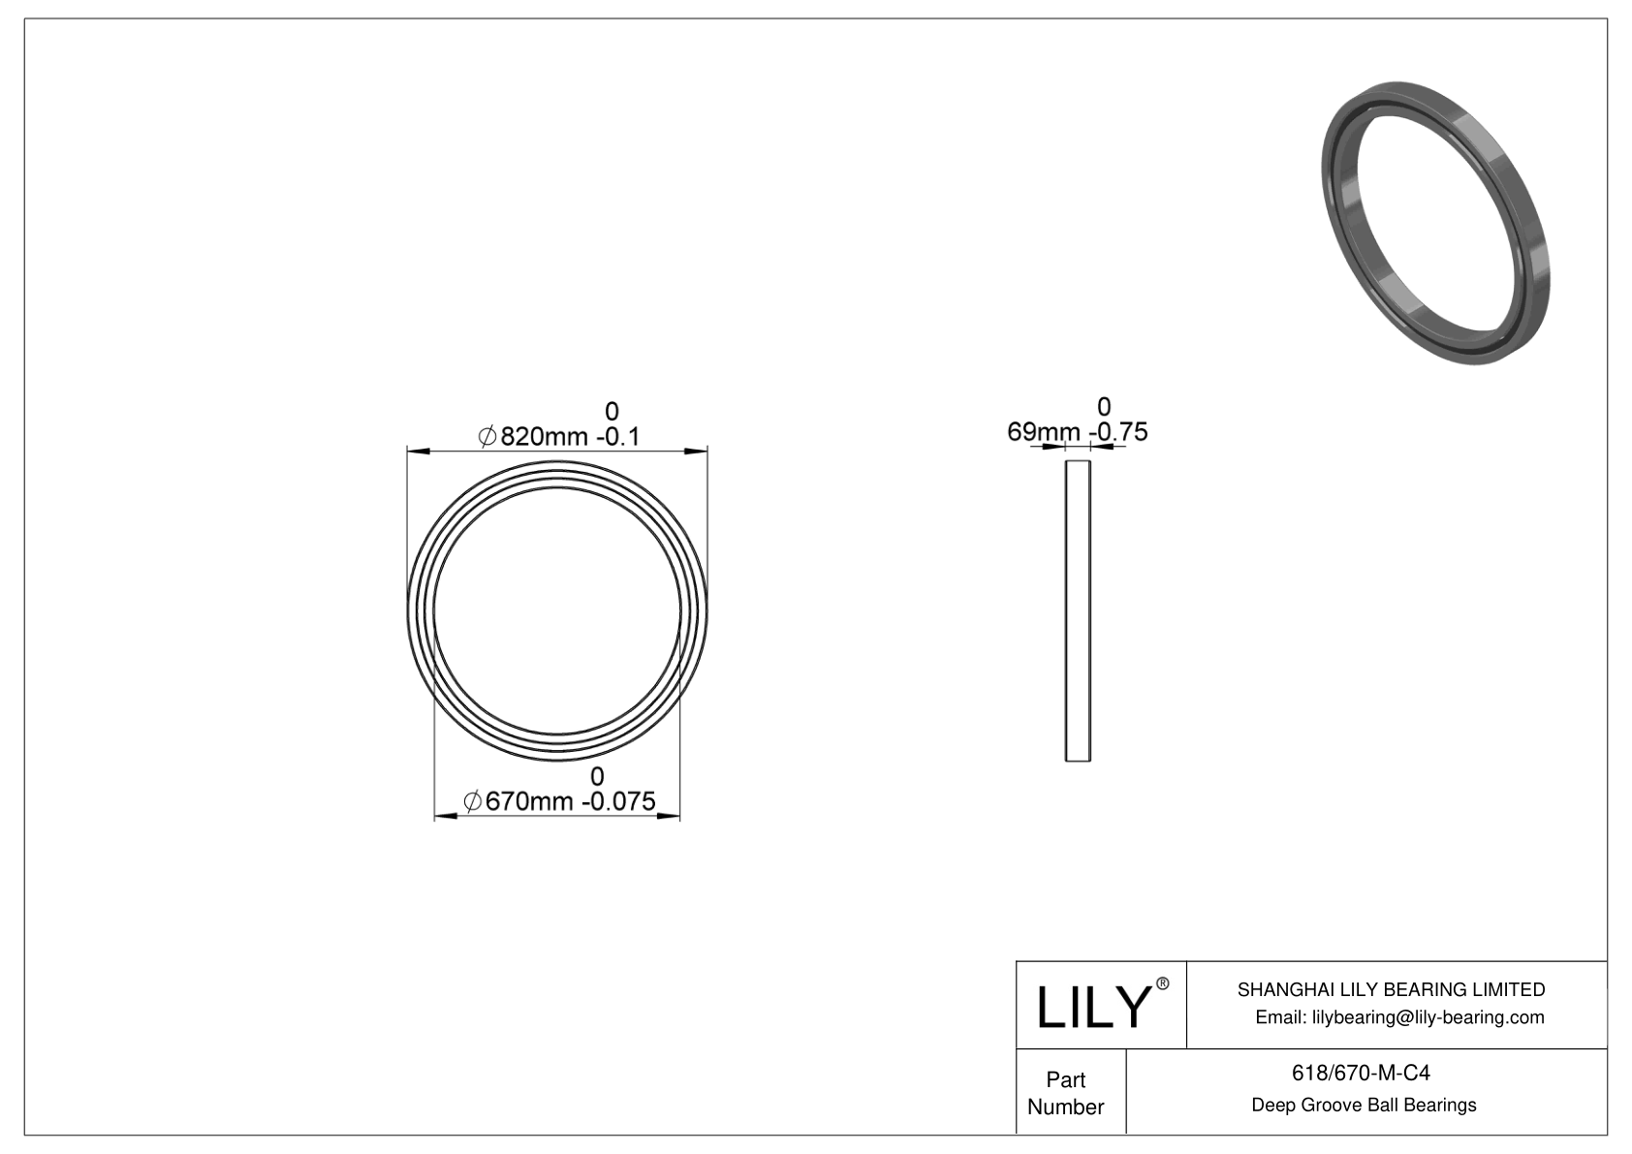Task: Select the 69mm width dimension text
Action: [x=1043, y=432]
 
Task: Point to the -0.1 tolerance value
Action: [x=617, y=437]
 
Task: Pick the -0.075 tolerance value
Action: [x=618, y=802]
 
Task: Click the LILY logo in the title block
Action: [x=1092, y=1007]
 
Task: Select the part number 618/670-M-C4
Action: [x=1362, y=1073]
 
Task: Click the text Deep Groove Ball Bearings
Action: [x=1364, y=1106]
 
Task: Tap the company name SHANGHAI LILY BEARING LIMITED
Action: [x=1391, y=989]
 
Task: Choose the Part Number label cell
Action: [x=1065, y=1093]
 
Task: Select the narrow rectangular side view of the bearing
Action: [x=1078, y=610]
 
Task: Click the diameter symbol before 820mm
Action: [x=487, y=438]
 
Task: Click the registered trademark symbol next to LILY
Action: [x=1163, y=984]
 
